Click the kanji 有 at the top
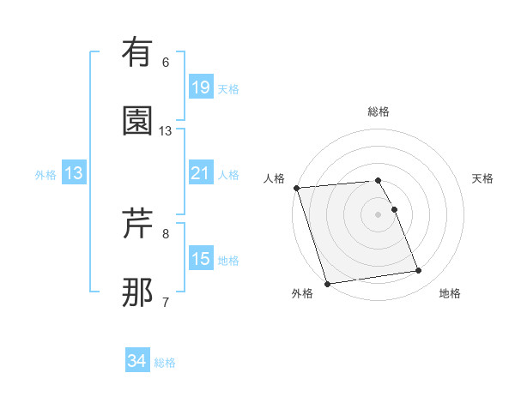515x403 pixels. click(x=138, y=53)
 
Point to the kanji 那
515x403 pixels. click(x=138, y=292)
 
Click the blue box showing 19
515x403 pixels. click(x=200, y=87)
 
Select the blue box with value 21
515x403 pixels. click(x=200, y=174)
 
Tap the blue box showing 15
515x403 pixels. click(x=200, y=259)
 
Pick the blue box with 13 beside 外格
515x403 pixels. click(x=74, y=174)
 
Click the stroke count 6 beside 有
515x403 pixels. click(x=166, y=63)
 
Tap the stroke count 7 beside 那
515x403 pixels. click(x=166, y=301)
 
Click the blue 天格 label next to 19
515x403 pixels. click(x=228, y=88)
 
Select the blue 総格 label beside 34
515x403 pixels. click(x=165, y=363)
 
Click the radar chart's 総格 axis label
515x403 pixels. click(x=378, y=111)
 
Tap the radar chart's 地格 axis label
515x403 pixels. click(x=450, y=293)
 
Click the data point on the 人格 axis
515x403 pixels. click(x=296, y=188)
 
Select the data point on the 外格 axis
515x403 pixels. click(x=327, y=283)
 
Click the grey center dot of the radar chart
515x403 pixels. click(x=378, y=214)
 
